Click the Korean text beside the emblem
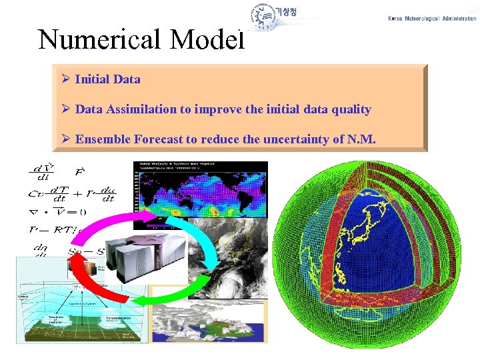pos(291,15)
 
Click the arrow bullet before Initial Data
pos(65,79)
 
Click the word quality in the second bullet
pos(349,109)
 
